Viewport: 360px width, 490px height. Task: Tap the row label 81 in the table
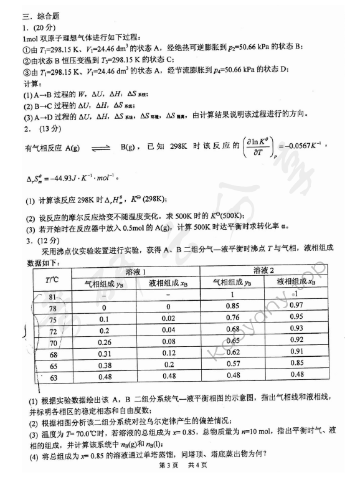point(53,295)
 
